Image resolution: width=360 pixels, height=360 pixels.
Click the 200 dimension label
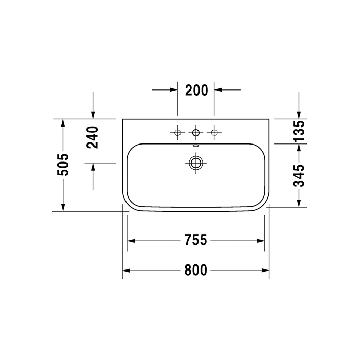[196, 90]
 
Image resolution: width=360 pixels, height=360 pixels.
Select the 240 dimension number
[93, 137]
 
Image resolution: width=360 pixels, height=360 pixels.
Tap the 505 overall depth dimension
[63, 165]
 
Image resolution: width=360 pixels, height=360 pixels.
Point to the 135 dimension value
[299, 131]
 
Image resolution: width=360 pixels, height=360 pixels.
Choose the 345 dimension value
[299, 176]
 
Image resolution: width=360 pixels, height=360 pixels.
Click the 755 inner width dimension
[195, 240]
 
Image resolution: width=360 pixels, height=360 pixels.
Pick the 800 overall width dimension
[195, 270]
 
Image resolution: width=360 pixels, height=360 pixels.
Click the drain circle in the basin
[195, 163]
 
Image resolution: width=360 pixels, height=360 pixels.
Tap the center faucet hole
[196, 133]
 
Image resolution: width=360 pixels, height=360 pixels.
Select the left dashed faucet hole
[177, 133]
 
